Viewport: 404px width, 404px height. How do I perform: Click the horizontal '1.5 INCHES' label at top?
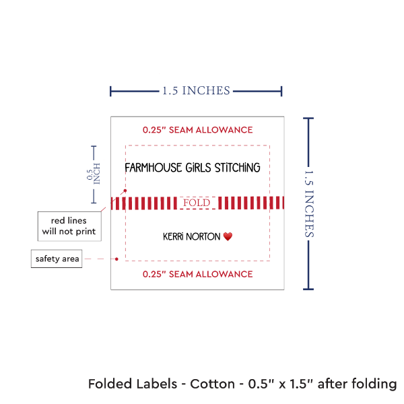tap(196, 90)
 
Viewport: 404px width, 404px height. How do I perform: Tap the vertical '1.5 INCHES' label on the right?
tap(310, 203)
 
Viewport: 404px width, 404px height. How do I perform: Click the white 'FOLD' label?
tap(197, 202)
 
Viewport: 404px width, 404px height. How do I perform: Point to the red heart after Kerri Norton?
tap(228, 237)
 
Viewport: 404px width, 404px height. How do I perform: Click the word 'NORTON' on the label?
tap(204, 237)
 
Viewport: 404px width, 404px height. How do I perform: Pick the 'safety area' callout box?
tap(58, 259)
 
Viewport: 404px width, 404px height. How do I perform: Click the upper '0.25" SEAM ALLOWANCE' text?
tap(197, 129)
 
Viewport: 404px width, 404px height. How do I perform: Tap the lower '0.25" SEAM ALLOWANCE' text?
tap(197, 274)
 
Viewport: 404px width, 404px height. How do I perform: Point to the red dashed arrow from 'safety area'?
tap(101, 259)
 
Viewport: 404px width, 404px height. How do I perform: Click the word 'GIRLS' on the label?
tap(195, 167)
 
